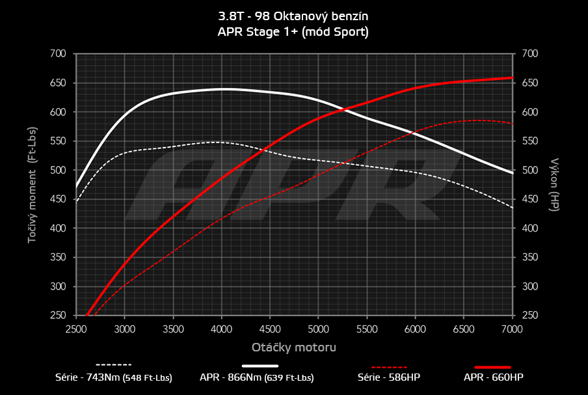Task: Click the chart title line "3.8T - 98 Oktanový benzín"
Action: click(293, 15)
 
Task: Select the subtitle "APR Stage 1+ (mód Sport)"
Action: click(293, 31)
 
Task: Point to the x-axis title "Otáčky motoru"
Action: click(294, 347)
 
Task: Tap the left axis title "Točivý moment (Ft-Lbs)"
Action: click(32, 184)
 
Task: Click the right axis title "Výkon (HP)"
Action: click(555, 184)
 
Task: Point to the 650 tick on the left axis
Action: click(58, 83)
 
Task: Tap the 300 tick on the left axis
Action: click(58, 286)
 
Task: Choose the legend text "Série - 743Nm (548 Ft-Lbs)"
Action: click(114, 377)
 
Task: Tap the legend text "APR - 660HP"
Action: click(494, 377)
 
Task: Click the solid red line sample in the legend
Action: click(493, 367)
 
